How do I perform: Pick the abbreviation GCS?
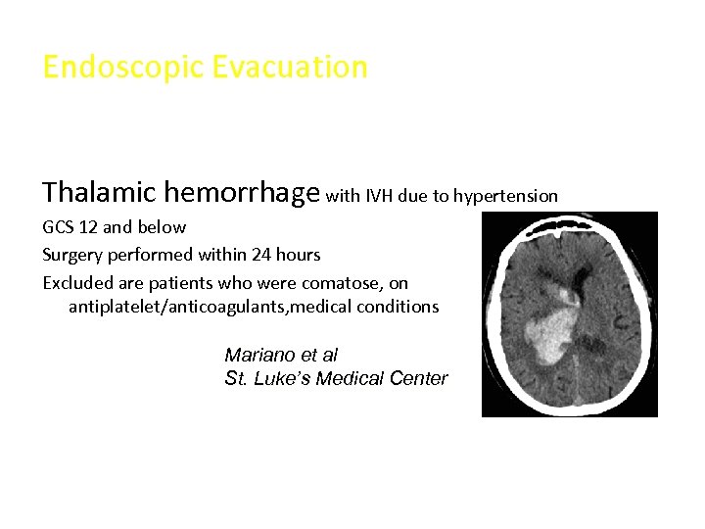point(58,227)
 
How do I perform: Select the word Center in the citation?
point(418,378)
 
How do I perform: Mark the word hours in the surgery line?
point(297,255)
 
